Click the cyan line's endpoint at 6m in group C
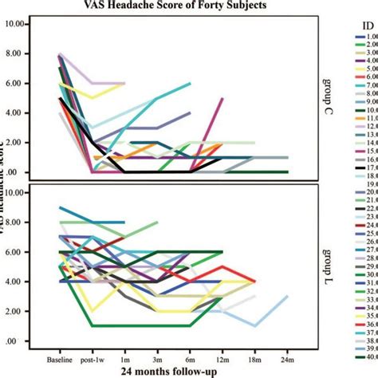coord(190,83)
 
